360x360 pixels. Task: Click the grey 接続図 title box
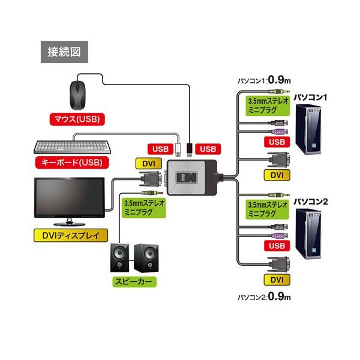[64, 52]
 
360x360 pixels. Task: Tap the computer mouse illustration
[78, 95]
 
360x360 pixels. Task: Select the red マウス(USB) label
[77, 119]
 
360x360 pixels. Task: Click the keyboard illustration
[72, 146]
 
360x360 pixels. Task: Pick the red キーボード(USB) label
[72, 163]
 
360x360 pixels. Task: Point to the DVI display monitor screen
[70, 197]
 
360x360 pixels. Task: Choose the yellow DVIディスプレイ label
[71, 235]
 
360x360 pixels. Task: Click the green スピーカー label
[134, 282]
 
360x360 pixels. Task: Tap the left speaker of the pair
[119, 257]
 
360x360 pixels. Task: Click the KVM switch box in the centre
[192, 178]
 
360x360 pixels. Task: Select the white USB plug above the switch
[178, 149]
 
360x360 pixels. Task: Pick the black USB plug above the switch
[190, 149]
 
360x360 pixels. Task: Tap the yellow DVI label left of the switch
[149, 164]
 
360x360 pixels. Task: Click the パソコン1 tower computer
[308, 129]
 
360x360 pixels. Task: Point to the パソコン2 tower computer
[308, 234]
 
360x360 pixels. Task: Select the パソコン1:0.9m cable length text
[264, 80]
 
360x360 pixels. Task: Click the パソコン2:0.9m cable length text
[264, 296]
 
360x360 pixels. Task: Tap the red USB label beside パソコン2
[277, 246]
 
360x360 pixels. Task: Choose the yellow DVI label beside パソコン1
[277, 175]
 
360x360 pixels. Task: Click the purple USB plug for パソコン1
[280, 132]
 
